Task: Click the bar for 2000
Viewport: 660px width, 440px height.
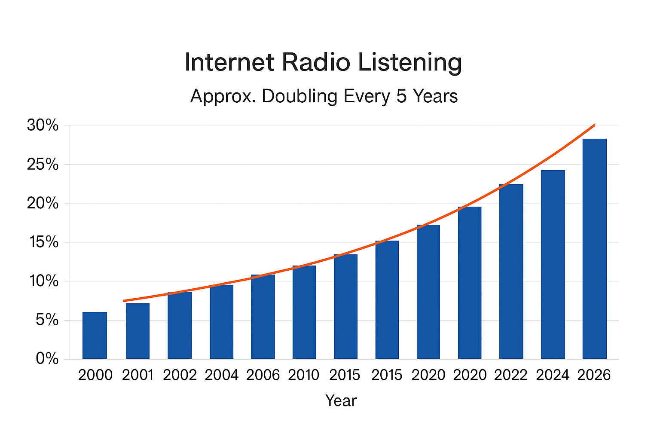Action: pyautogui.click(x=95, y=336)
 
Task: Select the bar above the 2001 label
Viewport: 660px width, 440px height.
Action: pyautogui.click(x=137, y=331)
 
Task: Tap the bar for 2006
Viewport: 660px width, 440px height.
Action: pyautogui.click(x=263, y=317)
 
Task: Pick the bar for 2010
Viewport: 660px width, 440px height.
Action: pyautogui.click(x=304, y=312)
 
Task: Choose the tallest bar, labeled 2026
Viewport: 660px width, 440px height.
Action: pyautogui.click(x=594, y=249)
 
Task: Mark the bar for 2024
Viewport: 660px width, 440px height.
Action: pyautogui.click(x=553, y=265)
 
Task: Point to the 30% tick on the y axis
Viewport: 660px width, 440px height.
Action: pyautogui.click(x=43, y=125)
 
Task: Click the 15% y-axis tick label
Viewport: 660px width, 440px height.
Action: pyautogui.click(x=43, y=242)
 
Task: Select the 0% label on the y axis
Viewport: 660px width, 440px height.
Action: pyautogui.click(x=47, y=359)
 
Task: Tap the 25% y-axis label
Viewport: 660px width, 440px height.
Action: pyautogui.click(x=43, y=165)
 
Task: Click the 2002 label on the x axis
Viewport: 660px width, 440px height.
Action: pyautogui.click(x=180, y=375)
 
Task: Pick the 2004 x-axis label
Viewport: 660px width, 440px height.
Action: pyautogui.click(x=221, y=375)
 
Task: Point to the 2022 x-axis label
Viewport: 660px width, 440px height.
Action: pyautogui.click(x=510, y=375)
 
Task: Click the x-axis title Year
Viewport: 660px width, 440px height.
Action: pyautogui.click(x=341, y=401)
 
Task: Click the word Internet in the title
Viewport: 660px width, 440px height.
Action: pyautogui.click(x=229, y=63)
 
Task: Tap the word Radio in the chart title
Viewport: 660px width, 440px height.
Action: pyautogui.click(x=316, y=63)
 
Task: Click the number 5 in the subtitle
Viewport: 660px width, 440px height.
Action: pyautogui.click(x=401, y=96)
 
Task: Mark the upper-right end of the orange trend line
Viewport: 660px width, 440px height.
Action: pyautogui.click(x=594, y=125)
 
